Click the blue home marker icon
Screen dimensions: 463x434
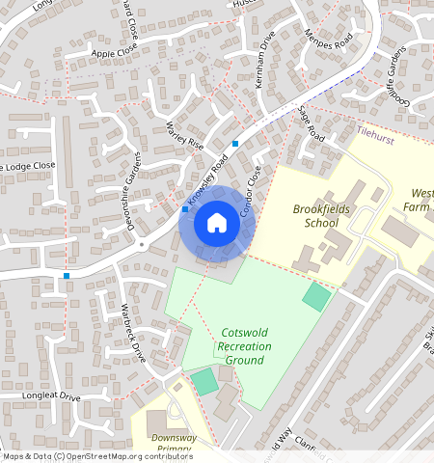click(217, 223)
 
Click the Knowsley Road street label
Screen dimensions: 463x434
click(204, 184)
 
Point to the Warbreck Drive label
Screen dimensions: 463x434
click(133, 333)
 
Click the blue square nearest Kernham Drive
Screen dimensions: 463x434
click(235, 144)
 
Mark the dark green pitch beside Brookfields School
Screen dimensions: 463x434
click(315, 296)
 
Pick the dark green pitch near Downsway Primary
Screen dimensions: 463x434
click(203, 381)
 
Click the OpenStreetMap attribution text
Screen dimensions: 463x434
click(96, 455)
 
